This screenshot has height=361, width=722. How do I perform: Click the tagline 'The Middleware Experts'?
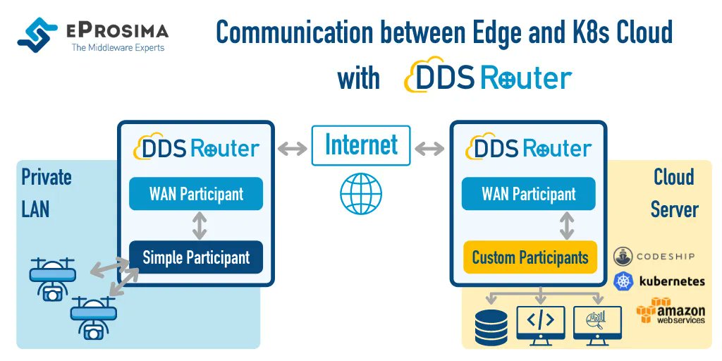118,48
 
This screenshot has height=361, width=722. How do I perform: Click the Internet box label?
360,145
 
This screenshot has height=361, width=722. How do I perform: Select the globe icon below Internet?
360,193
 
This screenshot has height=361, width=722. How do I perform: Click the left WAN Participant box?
196,194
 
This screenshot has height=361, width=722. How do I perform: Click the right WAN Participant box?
529,194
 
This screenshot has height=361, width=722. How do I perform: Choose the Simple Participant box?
196,257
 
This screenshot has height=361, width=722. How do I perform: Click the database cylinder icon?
491,326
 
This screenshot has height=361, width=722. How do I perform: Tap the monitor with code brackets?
541,325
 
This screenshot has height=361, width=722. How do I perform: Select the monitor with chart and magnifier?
597,325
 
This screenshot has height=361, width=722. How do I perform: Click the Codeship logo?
656,256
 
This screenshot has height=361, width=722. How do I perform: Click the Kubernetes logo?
659,281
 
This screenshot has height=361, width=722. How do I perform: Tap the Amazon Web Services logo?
671,310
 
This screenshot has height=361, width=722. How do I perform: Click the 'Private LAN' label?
46,192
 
